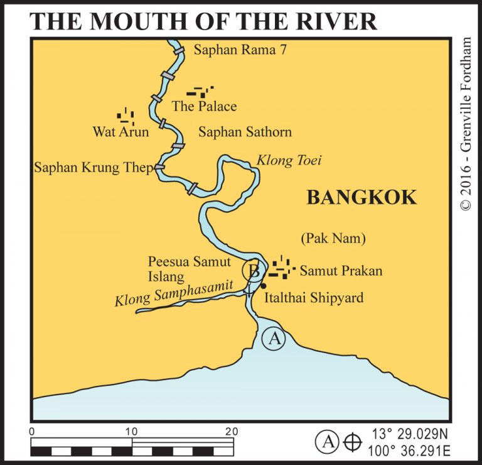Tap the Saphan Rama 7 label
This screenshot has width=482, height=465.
click(240, 51)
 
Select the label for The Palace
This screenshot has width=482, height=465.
click(204, 106)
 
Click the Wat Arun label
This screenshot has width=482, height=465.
click(120, 132)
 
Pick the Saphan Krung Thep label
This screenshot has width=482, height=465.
click(94, 168)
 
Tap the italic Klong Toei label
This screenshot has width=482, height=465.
click(289, 161)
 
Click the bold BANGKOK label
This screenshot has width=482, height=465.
click(361, 197)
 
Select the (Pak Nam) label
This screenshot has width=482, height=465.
click(333, 239)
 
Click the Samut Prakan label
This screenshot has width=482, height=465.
click(341, 271)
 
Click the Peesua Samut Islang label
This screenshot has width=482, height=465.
click(189, 268)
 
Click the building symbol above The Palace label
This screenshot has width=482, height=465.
click(200, 92)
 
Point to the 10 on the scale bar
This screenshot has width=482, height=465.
click(132, 432)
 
